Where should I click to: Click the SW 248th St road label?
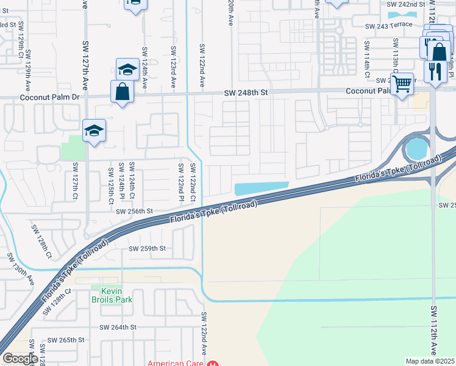pyautogui.click(x=246, y=92)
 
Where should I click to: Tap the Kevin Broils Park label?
pyautogui.click(x=107, y=295)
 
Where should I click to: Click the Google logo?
pyautogui.click(x=20, y=359)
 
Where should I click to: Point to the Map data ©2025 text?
pyautogui.click(x=430, y=361)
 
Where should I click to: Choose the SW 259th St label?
pyautogui.click(x=147, y=248)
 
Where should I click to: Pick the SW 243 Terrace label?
pyautogui.click(x=389, y=26)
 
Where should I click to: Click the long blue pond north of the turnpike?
pyautogui.click(x=260, y=188)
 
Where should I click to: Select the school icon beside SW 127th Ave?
pyautogui.click(x=94, y=131)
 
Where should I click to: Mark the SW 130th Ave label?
pyautogui.click(x=21, y=268)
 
